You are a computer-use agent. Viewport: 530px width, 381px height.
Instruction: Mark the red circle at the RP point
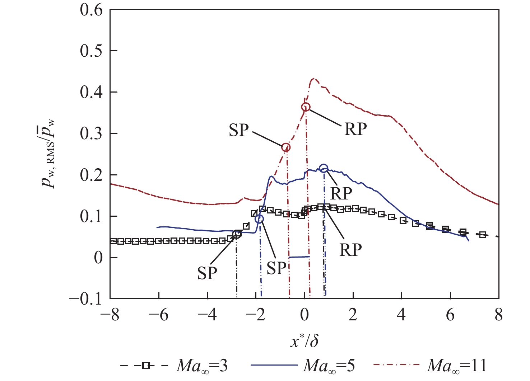pyautogui.click(x=306, y=107)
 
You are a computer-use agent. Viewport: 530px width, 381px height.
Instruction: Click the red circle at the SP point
pyautogui.click(x=286, y=147)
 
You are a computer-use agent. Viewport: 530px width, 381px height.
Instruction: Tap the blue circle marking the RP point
pyautogui.click(x=324, y=168)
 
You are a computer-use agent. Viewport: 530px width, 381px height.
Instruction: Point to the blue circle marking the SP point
pyautogui.click(x=259, y=219)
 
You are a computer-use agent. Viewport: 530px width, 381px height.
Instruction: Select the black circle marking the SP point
pyautogui.click(x=237, y=235)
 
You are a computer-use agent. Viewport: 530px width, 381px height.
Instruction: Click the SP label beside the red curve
pyautogui.click(x=239, y=130)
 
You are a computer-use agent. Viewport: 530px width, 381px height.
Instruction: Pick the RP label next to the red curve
pyautogui.click(x=355, y=130)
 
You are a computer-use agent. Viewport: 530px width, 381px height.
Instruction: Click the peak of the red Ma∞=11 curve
pyautogui.click(x=314, y=78)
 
